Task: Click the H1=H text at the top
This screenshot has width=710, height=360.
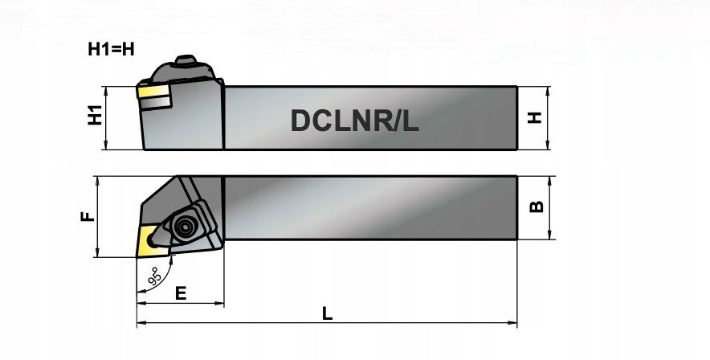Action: pos(111,49)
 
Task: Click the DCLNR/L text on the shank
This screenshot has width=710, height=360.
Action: pos(354,121)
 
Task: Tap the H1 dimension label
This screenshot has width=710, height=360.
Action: pos(95,116)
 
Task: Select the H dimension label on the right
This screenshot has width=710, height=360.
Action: pos(535,118)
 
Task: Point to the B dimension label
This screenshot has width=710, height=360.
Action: pos(537,207)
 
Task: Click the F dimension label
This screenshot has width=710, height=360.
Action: pos(88,216)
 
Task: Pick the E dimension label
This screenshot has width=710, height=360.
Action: pos(181,293)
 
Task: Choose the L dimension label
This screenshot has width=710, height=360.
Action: pos(328,313)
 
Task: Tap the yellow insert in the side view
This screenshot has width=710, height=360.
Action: pos(153,92)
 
